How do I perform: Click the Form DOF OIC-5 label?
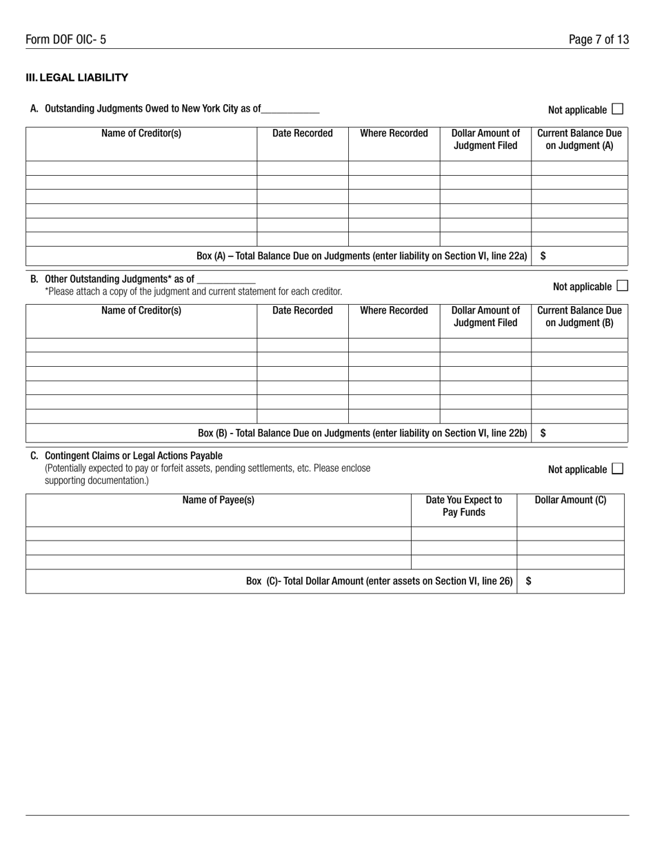(x=65, y=39)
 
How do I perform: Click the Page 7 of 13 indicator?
(x=598, y=39)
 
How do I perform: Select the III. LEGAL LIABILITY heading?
(x=77, y=78)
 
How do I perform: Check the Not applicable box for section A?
(x=617, y=108)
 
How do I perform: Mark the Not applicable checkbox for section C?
(x=617, y=469)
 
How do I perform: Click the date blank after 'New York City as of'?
(x=290, y=109)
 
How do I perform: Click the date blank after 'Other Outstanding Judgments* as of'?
(x=226, y=280)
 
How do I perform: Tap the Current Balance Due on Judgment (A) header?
(x=579, y=139)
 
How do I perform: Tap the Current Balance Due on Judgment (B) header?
(x=579, y=316)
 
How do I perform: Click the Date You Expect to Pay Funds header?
(x=463, y=506)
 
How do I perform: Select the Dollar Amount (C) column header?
(x=570, y=501)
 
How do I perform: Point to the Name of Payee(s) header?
(x=218, y=501)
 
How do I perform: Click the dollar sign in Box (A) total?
(x=543, y=256)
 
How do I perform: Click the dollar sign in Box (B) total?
(x=543, y=433)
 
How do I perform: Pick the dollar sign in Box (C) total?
(x=529, y=581)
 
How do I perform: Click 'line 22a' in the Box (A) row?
(x=510, y=256)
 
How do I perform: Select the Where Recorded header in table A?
(x=394, y=134)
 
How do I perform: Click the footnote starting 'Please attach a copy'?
(x=193, y=292)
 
